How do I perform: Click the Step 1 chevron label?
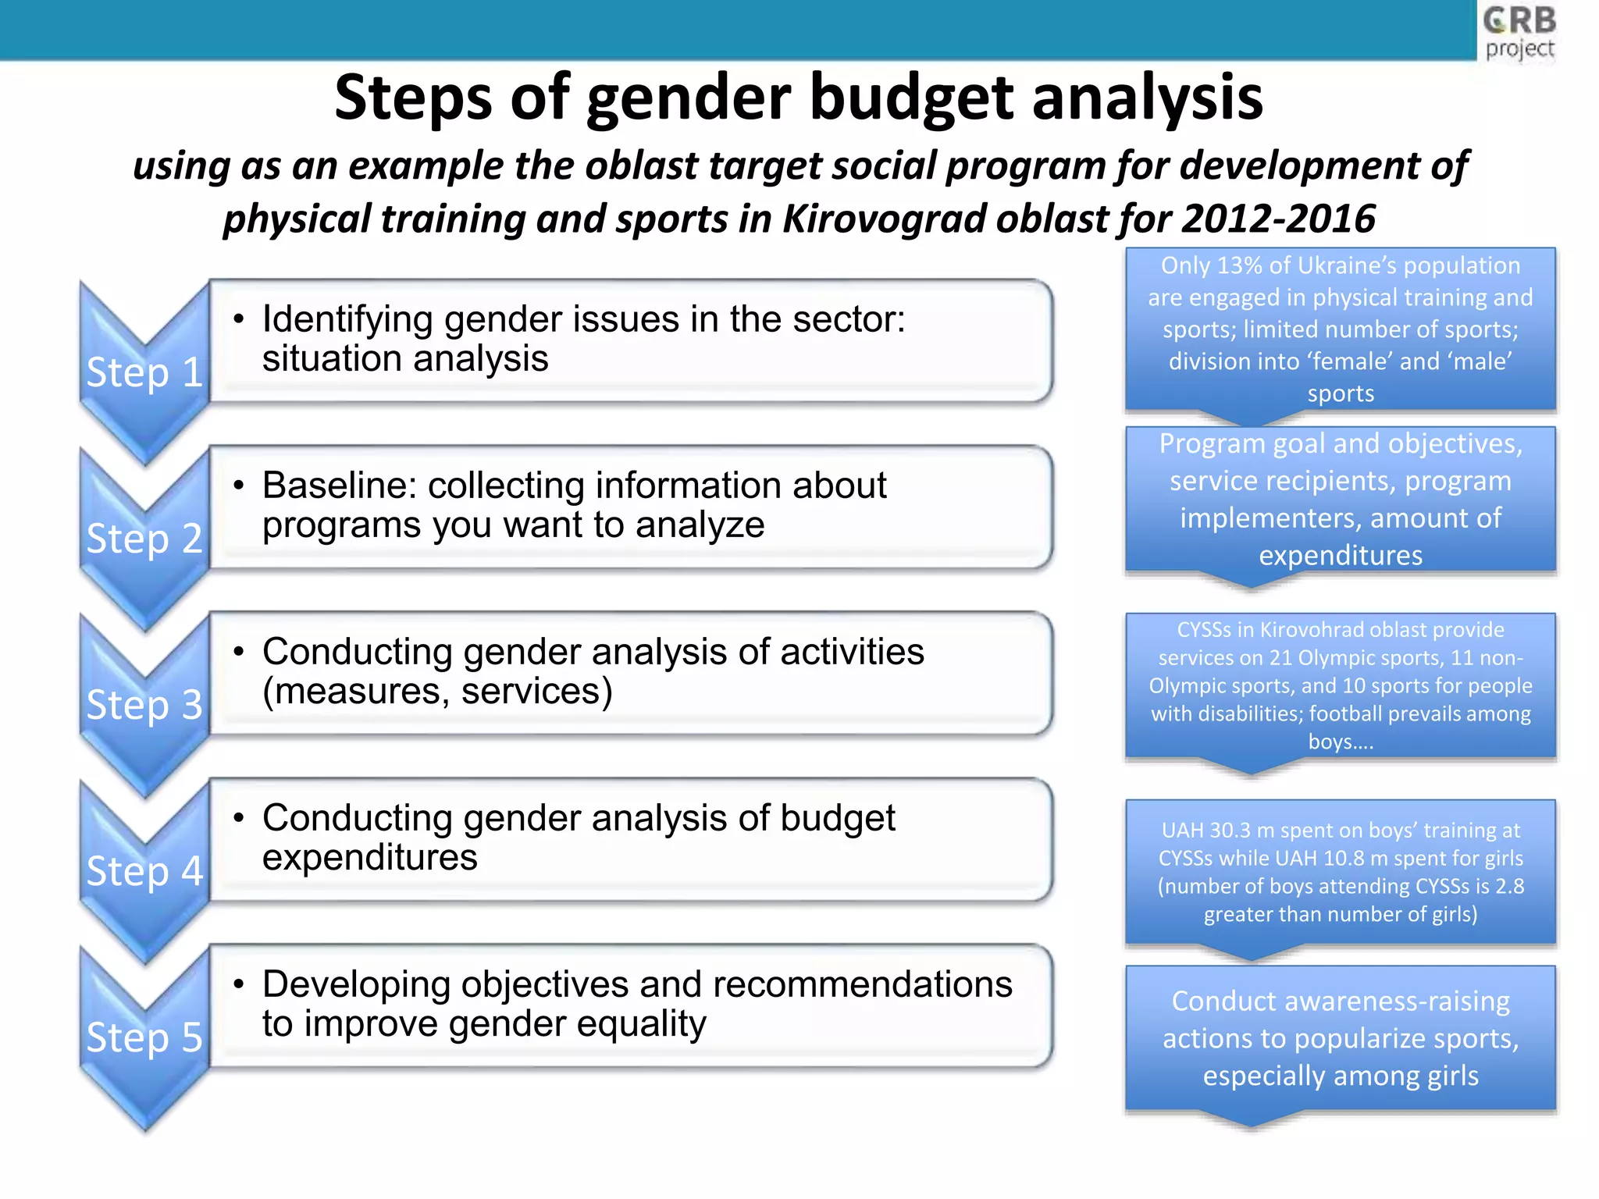(x=144, y=372)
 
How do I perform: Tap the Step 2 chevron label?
(x=144, y=538)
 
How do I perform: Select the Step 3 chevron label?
(x=144, y=704)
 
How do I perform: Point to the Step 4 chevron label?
(x=144, y=870)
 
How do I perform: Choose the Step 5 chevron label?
(x=144, y=1037)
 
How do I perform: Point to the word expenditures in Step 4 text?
(x=369, y=857)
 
